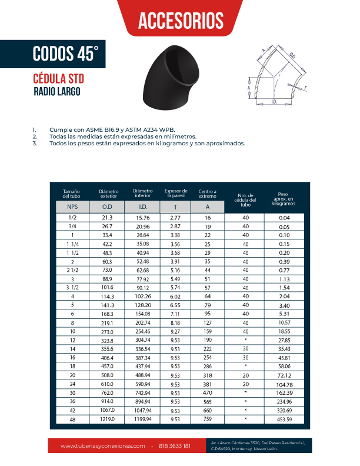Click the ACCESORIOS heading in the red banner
tap(180, 20)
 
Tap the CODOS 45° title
tap(65, 54)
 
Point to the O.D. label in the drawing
tap(292, 55)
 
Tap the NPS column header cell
tap(72, 207)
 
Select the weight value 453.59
tap(285, 419)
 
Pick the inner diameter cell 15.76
tap(143, 218)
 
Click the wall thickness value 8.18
tap(175, 307)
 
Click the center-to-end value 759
tap(207, 419)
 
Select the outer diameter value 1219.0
tap(107, 419)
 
